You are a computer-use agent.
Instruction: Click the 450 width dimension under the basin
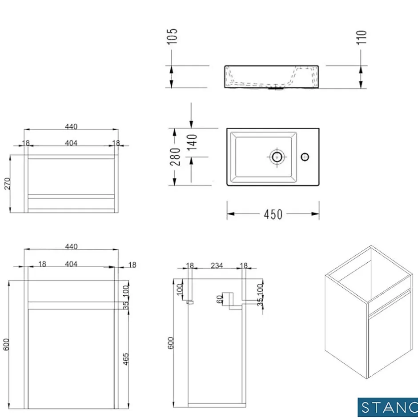pos(273,214)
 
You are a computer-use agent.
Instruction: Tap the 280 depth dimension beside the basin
pos(175,157)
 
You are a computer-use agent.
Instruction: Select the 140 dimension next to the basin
pos(192,142)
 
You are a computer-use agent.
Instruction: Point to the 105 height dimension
pos(173,36)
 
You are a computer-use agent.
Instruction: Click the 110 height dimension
pos(362,38)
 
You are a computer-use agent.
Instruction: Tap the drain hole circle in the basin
pos(277,157)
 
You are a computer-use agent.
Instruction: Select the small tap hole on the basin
pos(305,157)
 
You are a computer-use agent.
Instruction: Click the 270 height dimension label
pos(7,183)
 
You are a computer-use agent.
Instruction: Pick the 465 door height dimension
pos(125,359)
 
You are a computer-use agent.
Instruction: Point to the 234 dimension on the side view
pos(217,266)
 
